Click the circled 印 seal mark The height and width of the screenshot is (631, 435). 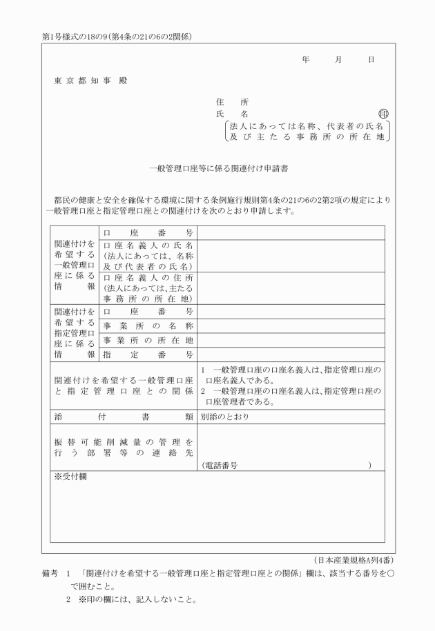pyautogui.click(x=384, y=114)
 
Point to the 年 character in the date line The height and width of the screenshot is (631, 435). pyautogui.click(x=305, y=60)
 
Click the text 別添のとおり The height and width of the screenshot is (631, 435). pyautogui.click(x=224, y=417)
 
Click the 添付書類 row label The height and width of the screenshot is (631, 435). pyautogui.click(x=123, y=417)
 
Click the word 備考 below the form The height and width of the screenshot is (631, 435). pyautogui.click(x=51, y=574)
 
